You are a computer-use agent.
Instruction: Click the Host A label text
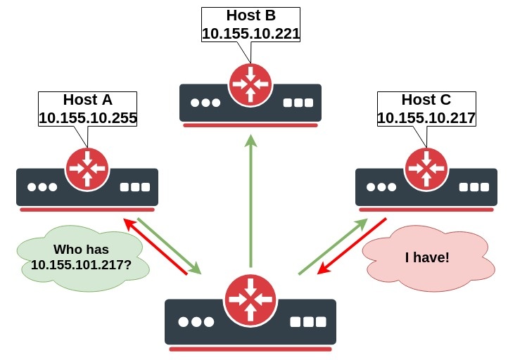tap(87, 99)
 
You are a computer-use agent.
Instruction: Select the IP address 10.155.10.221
tap(250, 33)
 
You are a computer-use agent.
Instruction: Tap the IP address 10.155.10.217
tap(426, 117)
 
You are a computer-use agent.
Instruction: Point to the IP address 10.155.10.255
tap(87, 117)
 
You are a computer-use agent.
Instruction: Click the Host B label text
tap(250, 15)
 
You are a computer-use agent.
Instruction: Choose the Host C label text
tap(426, 99)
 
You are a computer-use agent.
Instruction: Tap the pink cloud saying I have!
tap(426, 257)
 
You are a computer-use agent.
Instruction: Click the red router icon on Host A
tap(87, 168)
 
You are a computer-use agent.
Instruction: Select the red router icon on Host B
tap(250, 84)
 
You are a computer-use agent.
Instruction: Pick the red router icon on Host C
tap(426, 168)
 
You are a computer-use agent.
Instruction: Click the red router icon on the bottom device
tap(250, 299)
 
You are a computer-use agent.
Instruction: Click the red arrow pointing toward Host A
tap(155, 246)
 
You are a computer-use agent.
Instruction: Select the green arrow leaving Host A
tap(169, 245)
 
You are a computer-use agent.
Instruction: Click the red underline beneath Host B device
tap(250, 125)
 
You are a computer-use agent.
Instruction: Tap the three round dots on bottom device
tap(196, 322)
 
